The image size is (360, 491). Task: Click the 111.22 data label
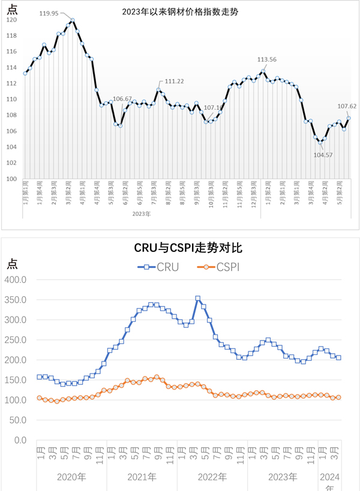[173, 81]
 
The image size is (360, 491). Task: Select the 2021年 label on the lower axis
[142, 478]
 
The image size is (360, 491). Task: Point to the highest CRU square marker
[198, 298]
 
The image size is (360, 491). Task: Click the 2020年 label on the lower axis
[71, 478]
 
